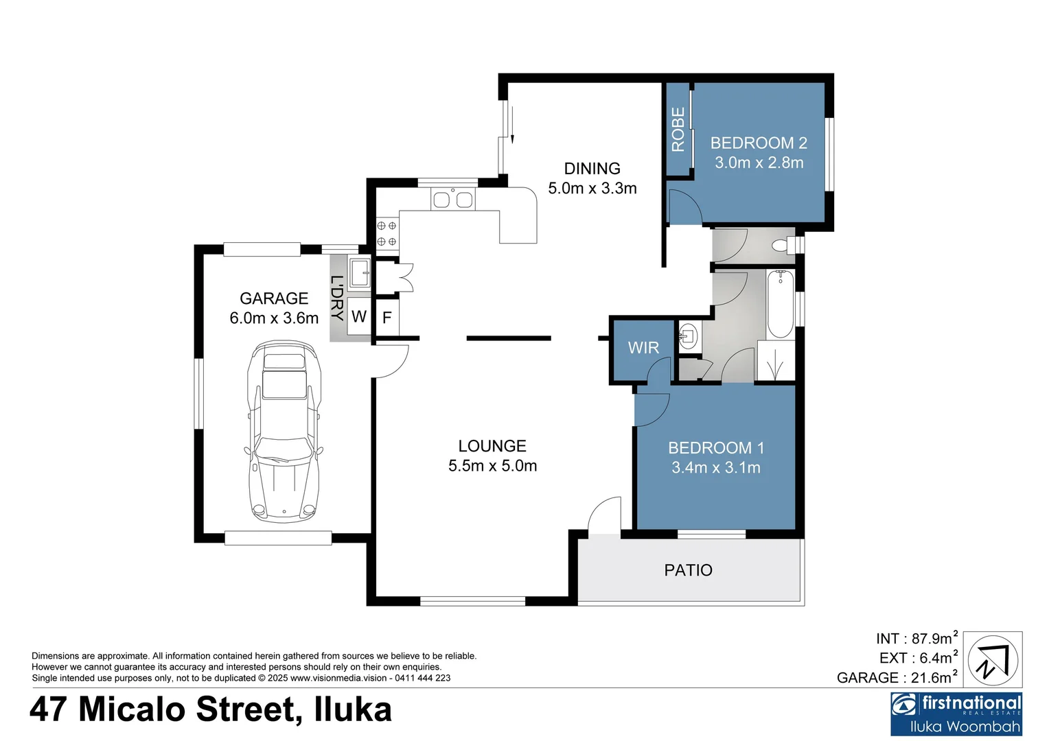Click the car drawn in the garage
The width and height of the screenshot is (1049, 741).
(284, 432)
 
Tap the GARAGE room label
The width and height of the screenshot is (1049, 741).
(274, 298)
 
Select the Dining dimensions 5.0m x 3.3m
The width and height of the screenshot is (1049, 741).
(592, 189)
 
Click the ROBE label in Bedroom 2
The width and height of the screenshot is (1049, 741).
(678, 130)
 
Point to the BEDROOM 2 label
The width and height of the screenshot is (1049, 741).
(759, 143)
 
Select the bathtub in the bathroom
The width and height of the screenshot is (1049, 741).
(780, 305)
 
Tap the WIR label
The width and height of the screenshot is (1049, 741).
(643, 348)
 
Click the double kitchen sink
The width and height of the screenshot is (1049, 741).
(452, 200)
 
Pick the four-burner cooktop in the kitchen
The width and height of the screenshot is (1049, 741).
(387, 233)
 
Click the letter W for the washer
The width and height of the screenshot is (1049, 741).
(358, 316)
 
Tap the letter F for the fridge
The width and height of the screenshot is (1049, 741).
(387, 318)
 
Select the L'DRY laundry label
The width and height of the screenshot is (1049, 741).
(337, 298)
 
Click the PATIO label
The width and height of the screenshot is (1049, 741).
(688, 570)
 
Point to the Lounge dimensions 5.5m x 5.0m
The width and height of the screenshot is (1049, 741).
(492, 466)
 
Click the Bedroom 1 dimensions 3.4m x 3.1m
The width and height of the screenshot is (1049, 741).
(715, 468)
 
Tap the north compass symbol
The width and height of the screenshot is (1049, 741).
(993, 660)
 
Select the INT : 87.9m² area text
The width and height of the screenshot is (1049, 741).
(916, 639)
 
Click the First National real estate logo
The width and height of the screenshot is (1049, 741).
(956, 714)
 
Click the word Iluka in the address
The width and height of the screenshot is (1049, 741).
(353, 709)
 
